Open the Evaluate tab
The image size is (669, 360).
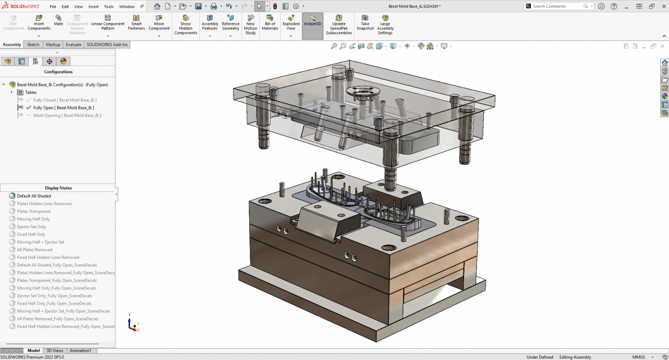[x=73, y=44]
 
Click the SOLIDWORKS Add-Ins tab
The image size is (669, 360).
[x=107, y=44]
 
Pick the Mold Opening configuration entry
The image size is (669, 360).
[x=67, y=115]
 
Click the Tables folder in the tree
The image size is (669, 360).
[x=30, y=92]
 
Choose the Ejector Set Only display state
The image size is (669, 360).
[x=31, y=227]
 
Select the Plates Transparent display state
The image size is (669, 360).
[x=34, y=211]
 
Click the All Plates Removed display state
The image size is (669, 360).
[x=34, y=250]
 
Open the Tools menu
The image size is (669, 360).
[x=109, y=7]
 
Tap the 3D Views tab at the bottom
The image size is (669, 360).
[x=55, y=350]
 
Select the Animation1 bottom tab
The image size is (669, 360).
[x=80, y=350]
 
